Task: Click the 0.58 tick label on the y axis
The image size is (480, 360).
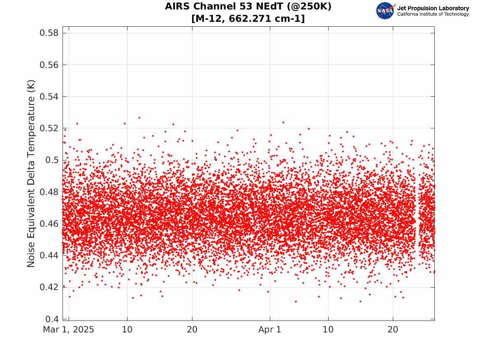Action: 49,33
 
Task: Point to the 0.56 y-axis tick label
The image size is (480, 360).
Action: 49,65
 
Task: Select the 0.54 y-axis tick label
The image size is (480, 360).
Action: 49,97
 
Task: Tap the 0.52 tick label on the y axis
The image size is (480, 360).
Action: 49,128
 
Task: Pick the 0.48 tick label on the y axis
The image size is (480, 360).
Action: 49,192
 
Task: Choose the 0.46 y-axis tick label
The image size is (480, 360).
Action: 49,223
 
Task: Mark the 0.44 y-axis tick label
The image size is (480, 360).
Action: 49,255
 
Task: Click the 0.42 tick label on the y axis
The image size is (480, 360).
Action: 49,287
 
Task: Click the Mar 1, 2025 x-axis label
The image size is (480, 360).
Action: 68,330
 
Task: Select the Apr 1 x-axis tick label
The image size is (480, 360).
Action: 270,330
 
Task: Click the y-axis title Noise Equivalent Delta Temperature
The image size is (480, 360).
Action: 31,173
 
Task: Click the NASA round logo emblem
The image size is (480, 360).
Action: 385,11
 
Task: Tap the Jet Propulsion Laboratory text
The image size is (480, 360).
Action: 433,8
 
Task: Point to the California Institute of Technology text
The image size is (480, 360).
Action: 433,14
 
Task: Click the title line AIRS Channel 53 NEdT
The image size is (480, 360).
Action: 248,7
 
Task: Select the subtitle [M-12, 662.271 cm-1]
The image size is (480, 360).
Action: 248,19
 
